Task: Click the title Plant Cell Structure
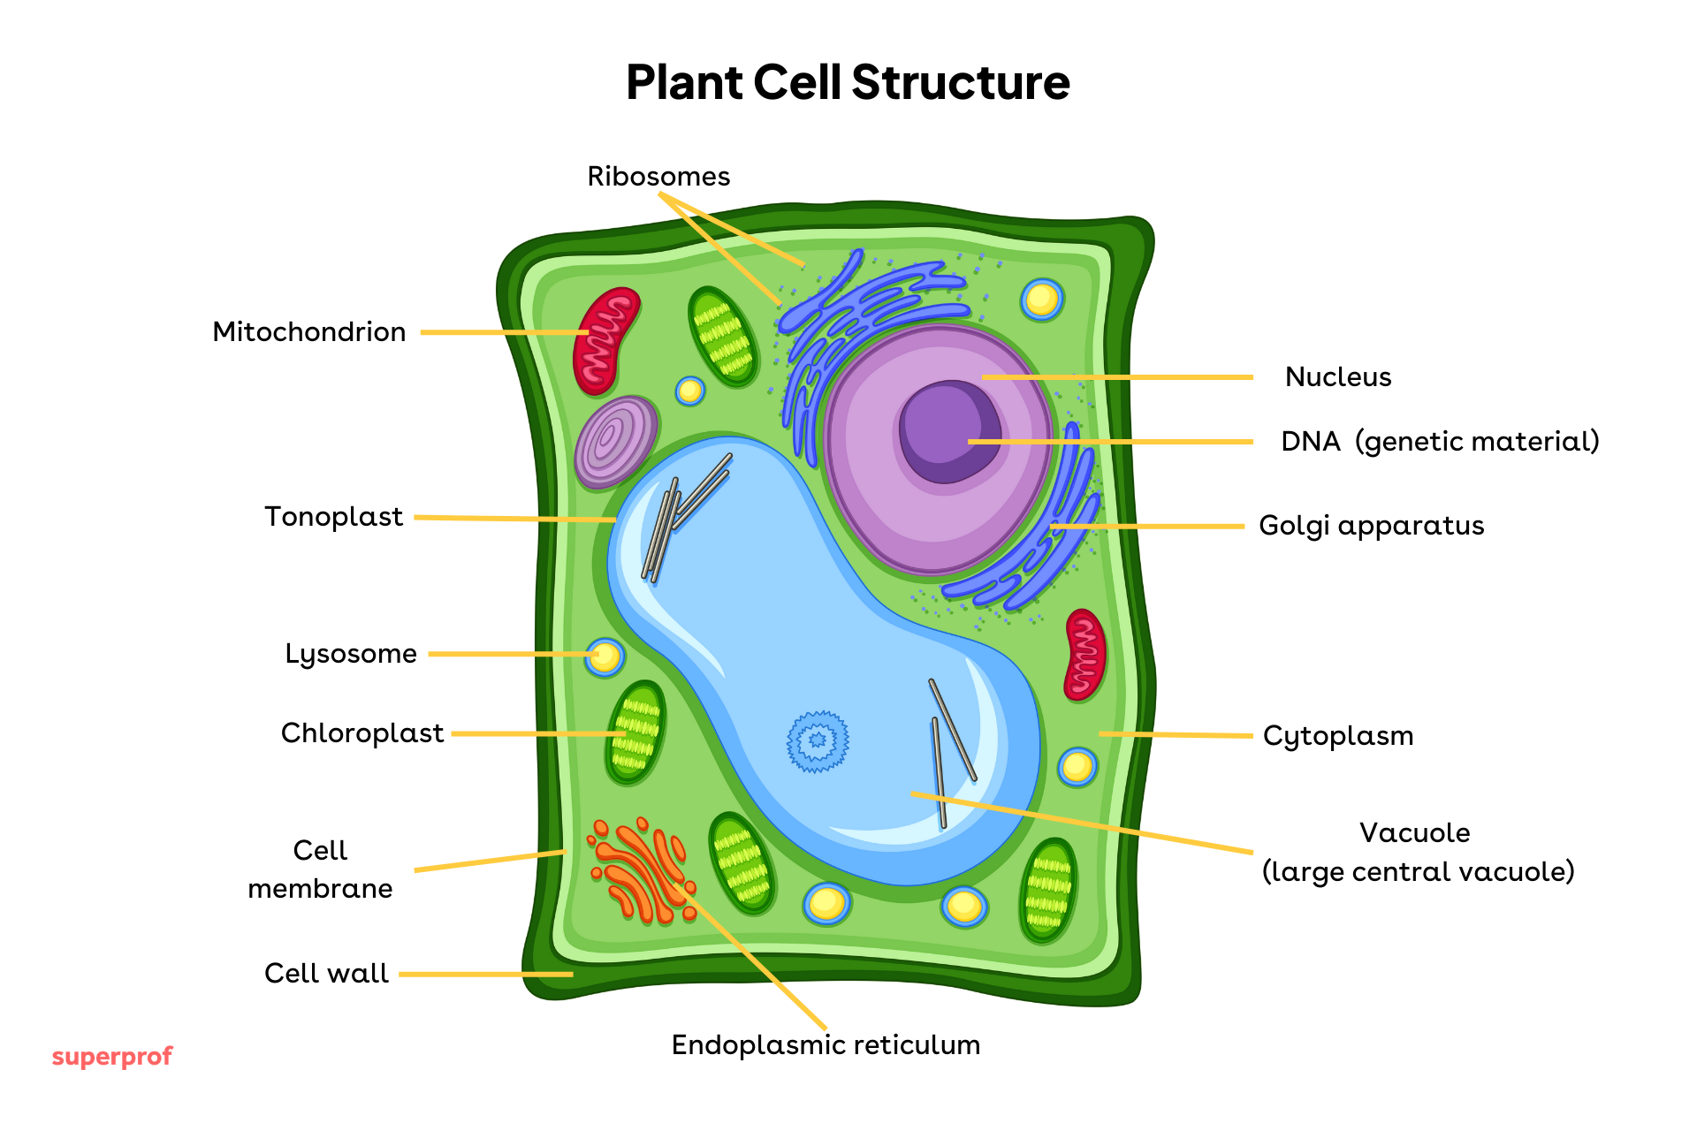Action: click(x=848, y=82)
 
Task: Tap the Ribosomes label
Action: click(x=658, y=176)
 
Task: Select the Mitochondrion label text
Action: click(x=309, y=331)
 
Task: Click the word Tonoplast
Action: click(x=333, y=516)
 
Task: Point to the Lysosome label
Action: click(x=350, y=653)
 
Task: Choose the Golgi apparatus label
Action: click(x=1371, y=525)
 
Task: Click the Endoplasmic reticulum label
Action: click(x=826, y=1044)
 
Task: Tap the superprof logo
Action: click(x=111, y=1056)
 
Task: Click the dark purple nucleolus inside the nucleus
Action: click(x=949, y=431)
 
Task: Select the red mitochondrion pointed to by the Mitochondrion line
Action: click(x=605, y=340)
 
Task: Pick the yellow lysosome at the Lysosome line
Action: click(x=605, y=657)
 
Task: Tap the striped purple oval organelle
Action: click(x=615, y=442)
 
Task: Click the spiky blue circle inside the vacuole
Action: click(x=818, y=740)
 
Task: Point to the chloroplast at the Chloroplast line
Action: click(x=635, y=732)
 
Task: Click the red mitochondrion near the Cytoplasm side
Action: click(x=1084, y=655)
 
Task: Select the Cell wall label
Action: click(x=326, y=973)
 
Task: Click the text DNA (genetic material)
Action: click(x=1440, y=441)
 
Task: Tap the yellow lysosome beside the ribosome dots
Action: click(x=1042, y=300)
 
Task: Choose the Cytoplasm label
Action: click(x=1337, y=735)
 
